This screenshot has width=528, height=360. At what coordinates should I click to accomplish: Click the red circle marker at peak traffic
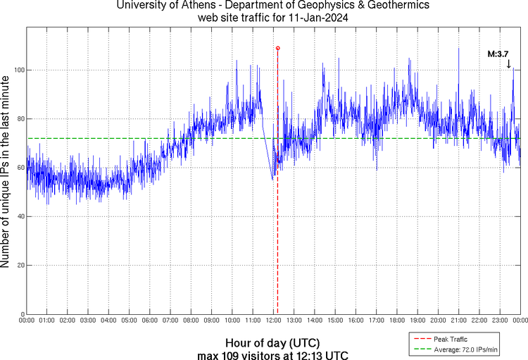click(x=277, y=48)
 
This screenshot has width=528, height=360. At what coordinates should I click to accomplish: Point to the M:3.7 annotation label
click(x=499, y=54)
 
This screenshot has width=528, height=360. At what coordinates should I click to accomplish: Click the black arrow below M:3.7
click(x=508, y=63)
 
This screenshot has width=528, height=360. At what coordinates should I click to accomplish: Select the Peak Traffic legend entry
click(x=450, y=340)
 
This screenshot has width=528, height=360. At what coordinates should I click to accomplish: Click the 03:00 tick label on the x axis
click(x=89, y=321)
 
